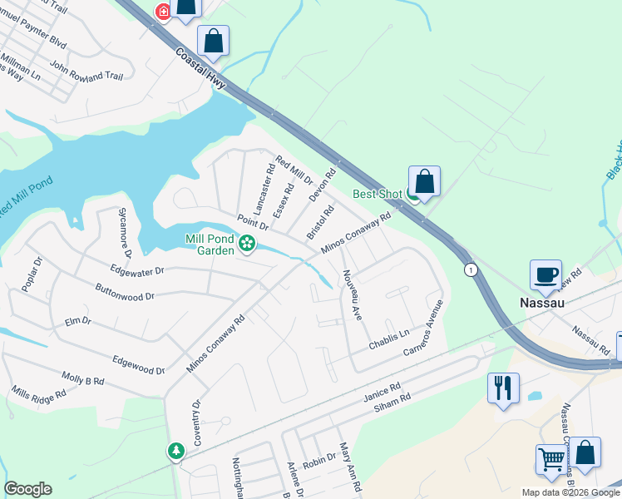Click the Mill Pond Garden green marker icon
(x=246, y=244)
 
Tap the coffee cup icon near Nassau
(x=546, y=275)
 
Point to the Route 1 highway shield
(x=471, y=270)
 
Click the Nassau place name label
(x=542, y=303)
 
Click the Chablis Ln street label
(x=390, y=338)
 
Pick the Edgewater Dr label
(x=137, y=269)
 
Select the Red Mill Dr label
(x=294, y=170)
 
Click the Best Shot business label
(x=377, y=195)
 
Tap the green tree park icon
(x=175, y=451)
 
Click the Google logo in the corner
(x=27, y=489)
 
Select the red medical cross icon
(x=163, y=12)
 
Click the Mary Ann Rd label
(x=350, y=470)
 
